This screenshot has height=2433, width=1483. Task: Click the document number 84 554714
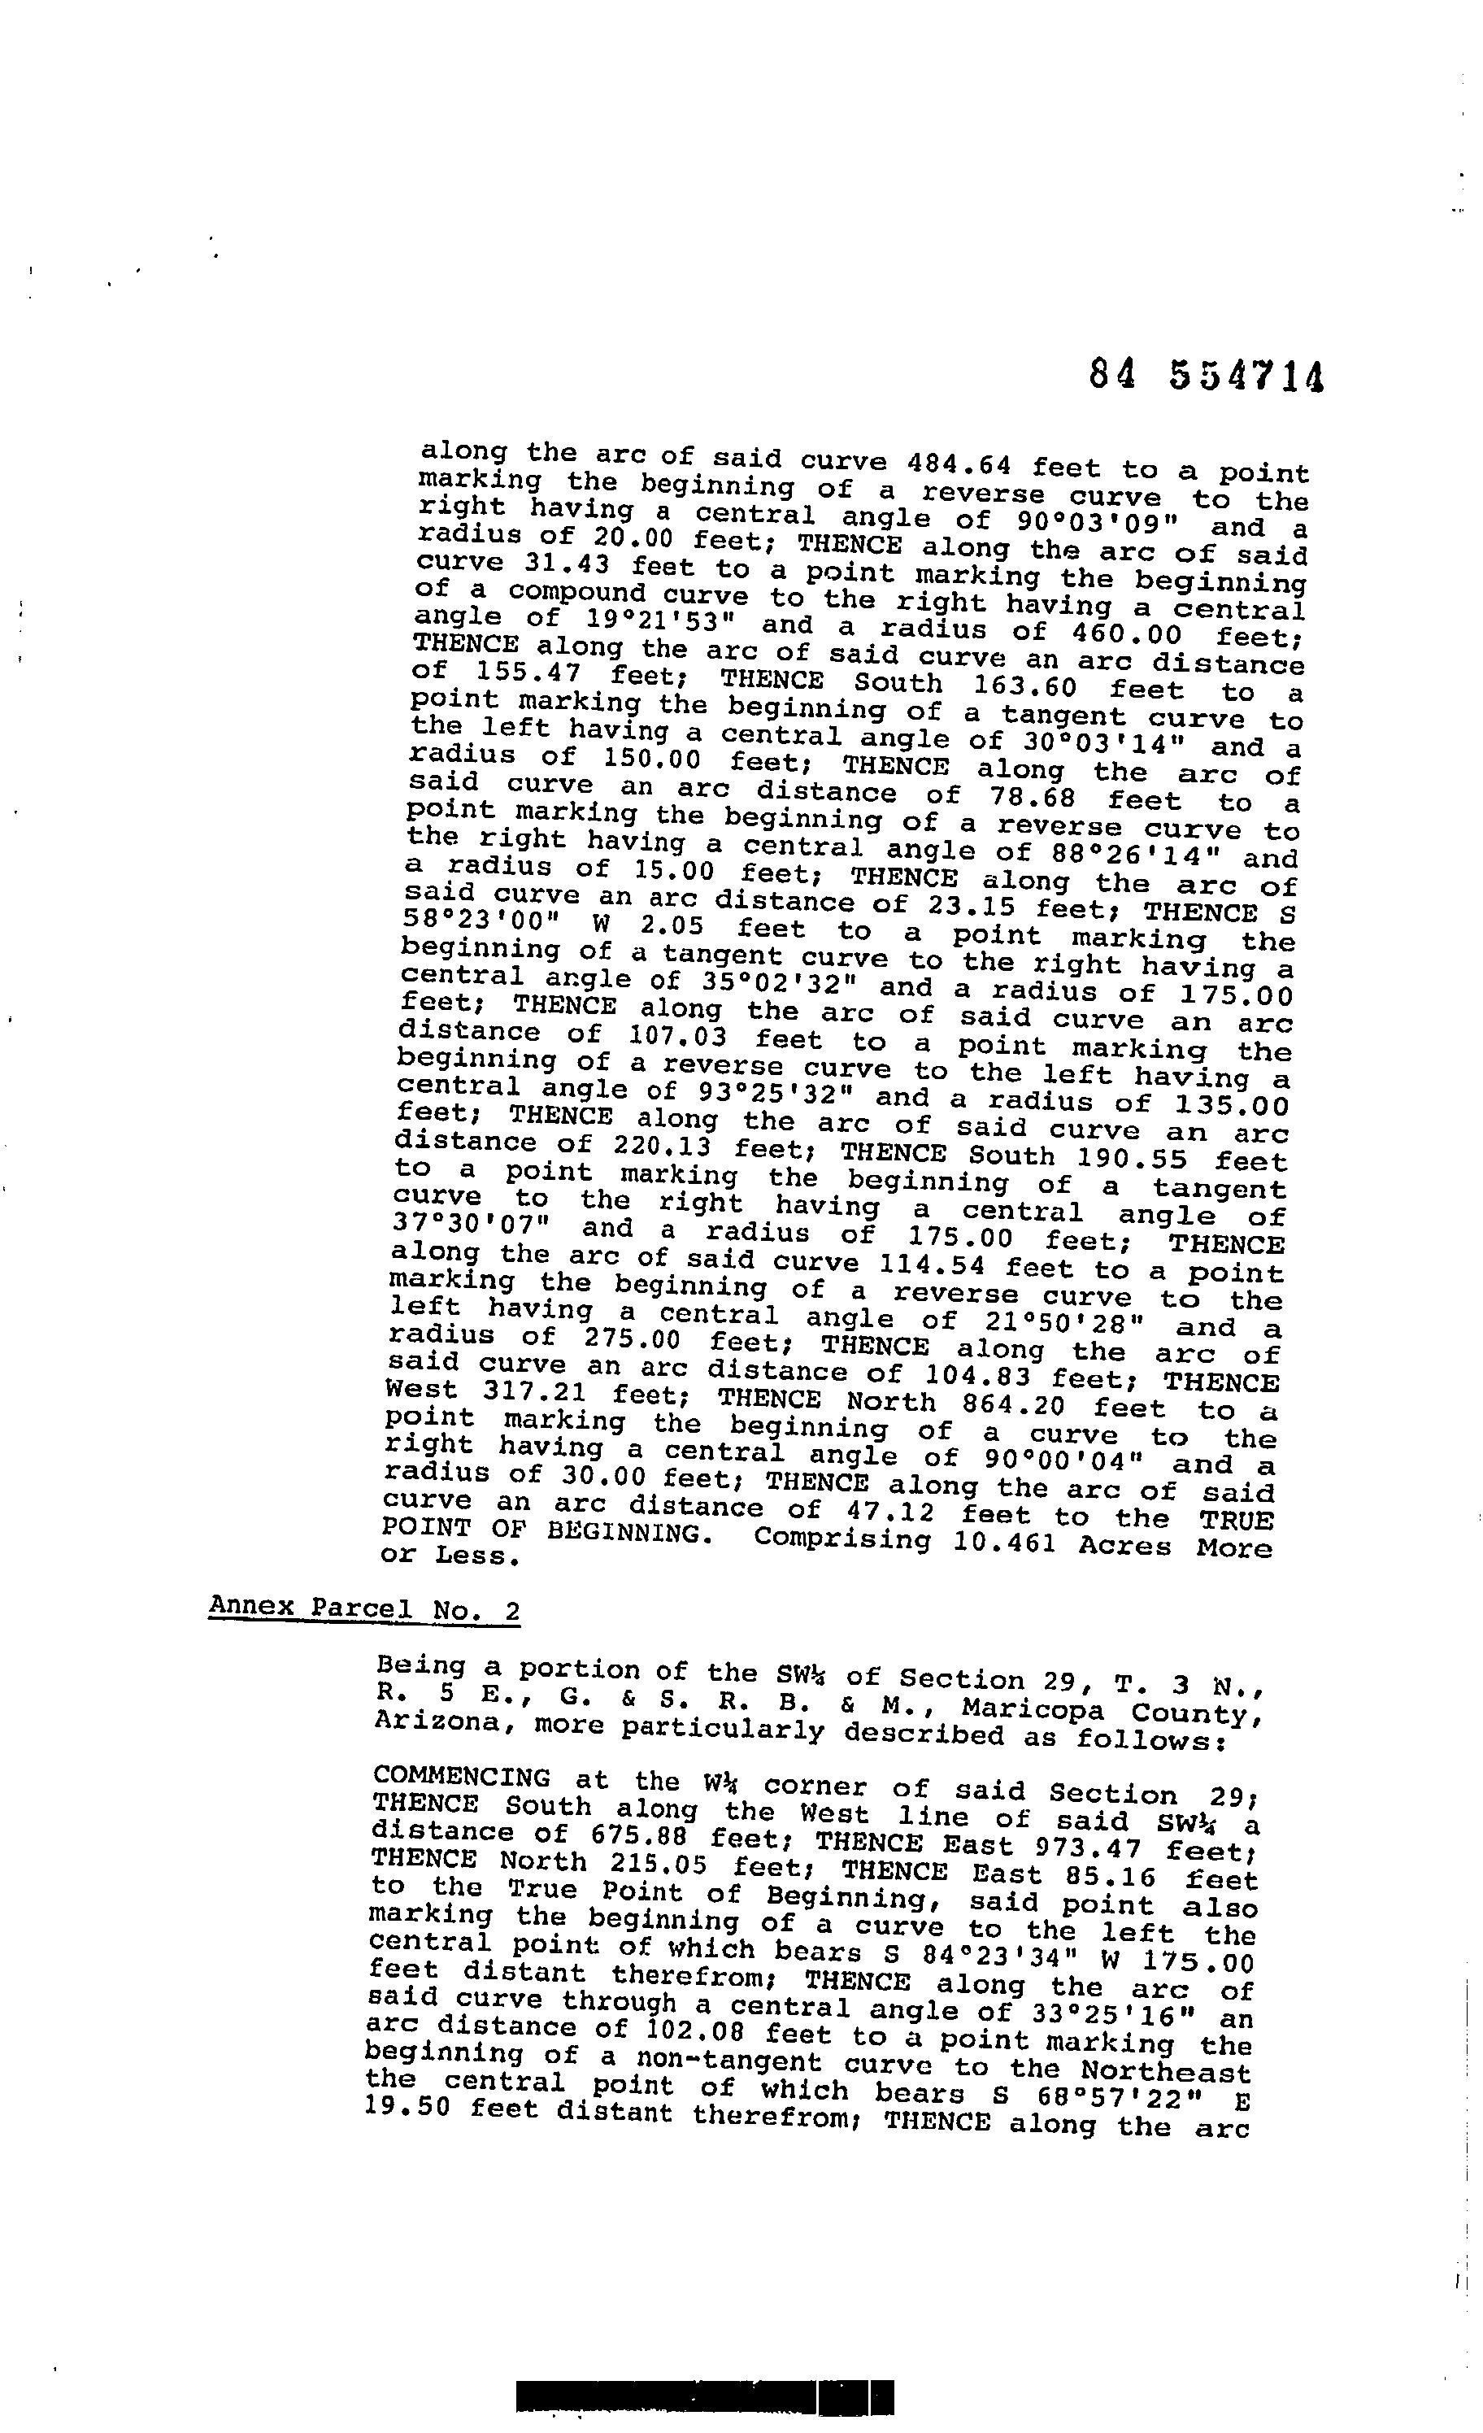1206,376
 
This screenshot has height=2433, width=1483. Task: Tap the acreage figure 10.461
1005,1543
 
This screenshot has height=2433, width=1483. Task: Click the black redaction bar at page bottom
705,2396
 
